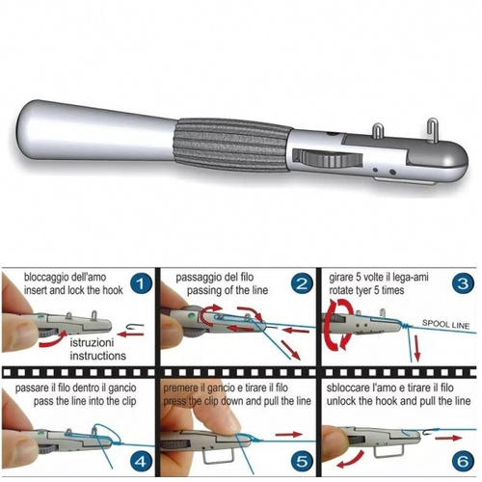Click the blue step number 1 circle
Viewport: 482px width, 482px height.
click(x=141, y=283)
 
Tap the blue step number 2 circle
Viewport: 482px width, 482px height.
click(x=301, y=283)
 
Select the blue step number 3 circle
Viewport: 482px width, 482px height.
click(x=463, y=283)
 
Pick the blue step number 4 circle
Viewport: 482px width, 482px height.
click(x=141, y=461)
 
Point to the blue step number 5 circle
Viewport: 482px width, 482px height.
click(x=302, y=461)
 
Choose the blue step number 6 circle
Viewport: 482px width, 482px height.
click(x=463, y=461)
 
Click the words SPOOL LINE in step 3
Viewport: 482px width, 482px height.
click(x=445, y=324)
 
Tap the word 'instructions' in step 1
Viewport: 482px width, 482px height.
click(x=98, y=356)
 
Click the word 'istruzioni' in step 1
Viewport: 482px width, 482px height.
click(x=92, y=342)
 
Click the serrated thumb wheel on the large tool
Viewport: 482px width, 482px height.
click(x=329, y=159)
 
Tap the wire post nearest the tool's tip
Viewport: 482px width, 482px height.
click(x=433, y=128)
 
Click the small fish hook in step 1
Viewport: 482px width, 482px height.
click(x=133, y=326)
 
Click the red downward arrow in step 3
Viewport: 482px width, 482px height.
click(x=416, y=348)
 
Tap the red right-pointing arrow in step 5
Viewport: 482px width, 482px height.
click(x=289, y=435)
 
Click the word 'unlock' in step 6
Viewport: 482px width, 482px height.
click(x=341, y=401)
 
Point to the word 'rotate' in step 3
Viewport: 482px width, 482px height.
click(x=341, y=290)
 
